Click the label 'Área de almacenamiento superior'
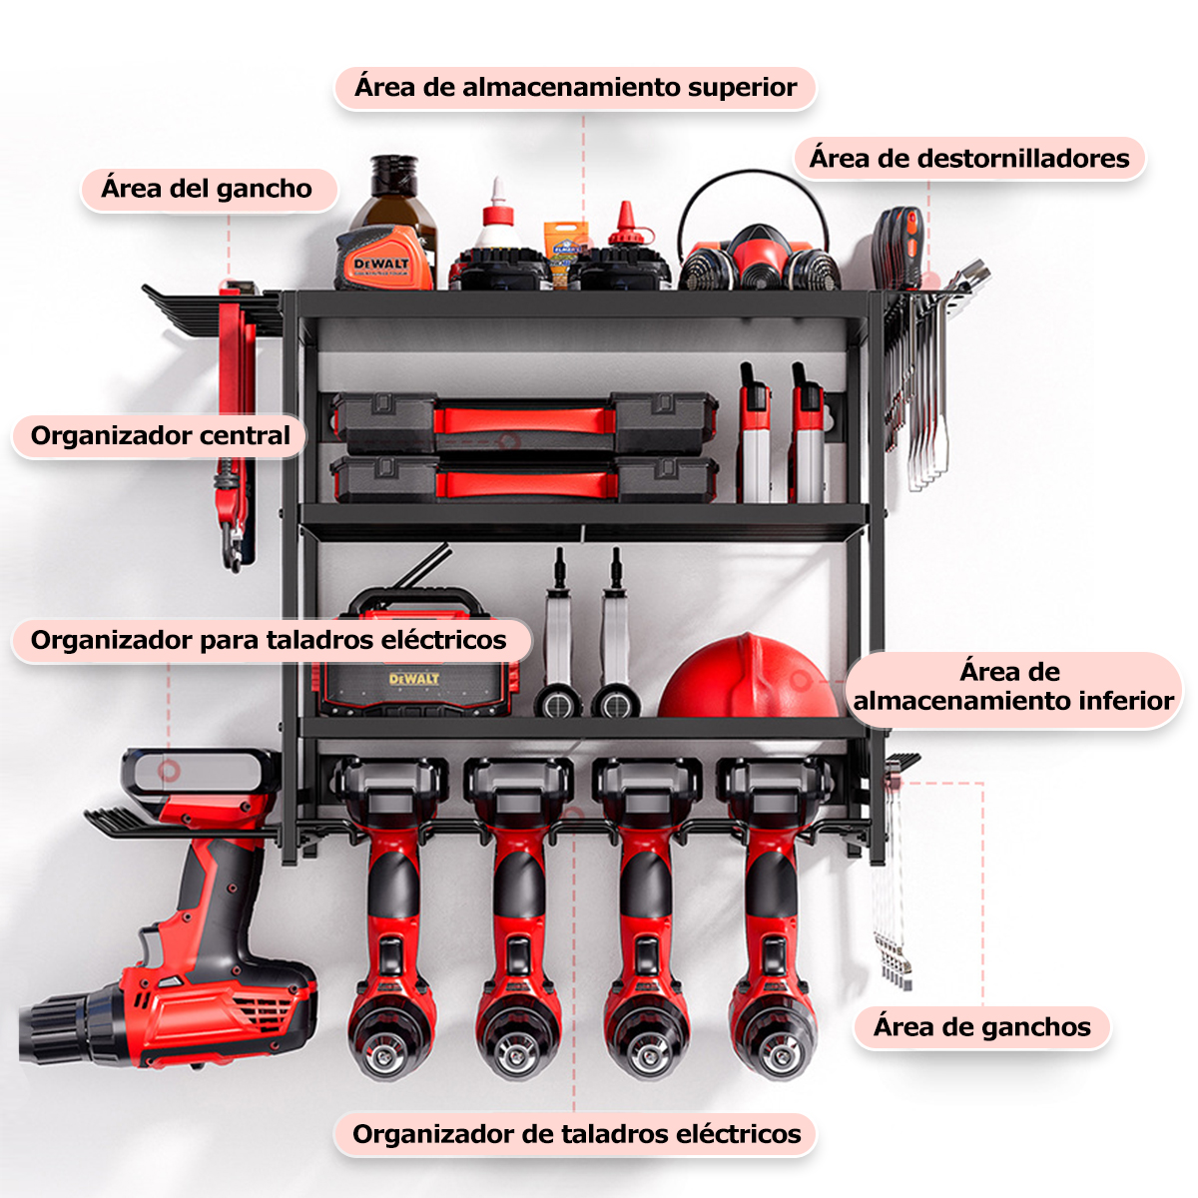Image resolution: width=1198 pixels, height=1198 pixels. click(575, 88)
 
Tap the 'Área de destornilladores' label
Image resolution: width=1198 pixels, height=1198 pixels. click(969, 159)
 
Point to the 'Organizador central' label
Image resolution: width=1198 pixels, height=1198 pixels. click(160, 436)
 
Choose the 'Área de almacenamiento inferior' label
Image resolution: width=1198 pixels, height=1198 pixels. click(1012, 687)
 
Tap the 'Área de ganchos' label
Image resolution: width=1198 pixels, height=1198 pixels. click(981, 1027)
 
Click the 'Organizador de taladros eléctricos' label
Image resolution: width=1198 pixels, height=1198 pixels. click(576, 1134)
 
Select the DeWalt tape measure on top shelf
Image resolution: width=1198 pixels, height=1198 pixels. click(383, 259)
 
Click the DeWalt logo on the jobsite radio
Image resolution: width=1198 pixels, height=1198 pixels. click(414, 679)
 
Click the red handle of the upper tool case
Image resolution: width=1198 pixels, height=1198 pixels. click(524, 419)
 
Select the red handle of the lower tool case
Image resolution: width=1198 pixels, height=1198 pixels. click(527, 484)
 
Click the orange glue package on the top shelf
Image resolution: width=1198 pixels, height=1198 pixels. click(566, 253)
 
